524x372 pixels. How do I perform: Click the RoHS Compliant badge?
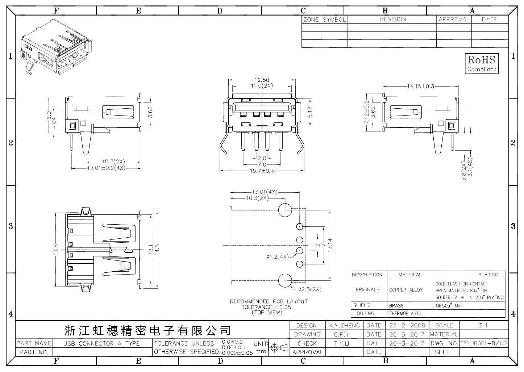(x=481, y=63)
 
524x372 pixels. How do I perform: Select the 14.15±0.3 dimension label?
(x=420, y=86)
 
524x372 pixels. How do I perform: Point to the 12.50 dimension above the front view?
(x=262, y=80)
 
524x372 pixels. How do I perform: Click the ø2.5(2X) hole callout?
(x=309, y=289)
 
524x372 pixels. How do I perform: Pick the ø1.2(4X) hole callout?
(x=278, y=257)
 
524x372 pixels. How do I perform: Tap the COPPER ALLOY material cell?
(x=406, y=290)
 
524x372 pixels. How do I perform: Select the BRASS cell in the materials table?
(x=396, y=305)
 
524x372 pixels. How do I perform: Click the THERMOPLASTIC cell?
(x=406, y=313)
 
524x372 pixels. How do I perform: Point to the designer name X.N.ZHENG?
(x=344, y=325)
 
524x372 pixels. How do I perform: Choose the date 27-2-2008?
(x=407, y=325)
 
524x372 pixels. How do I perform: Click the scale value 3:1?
(x=483, y=325)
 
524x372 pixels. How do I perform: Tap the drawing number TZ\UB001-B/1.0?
(x=483, y=343)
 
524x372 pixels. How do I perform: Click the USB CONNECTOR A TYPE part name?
(x=101, y=343)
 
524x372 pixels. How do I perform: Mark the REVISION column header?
(x=393, y=20)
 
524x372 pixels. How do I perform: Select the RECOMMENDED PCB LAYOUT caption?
(x=269, y=301)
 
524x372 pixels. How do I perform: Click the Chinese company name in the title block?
(x=147, y=330)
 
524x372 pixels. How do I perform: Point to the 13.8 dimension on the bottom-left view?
(x=55, y=249)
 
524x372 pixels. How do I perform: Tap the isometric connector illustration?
(x=56, y=47)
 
